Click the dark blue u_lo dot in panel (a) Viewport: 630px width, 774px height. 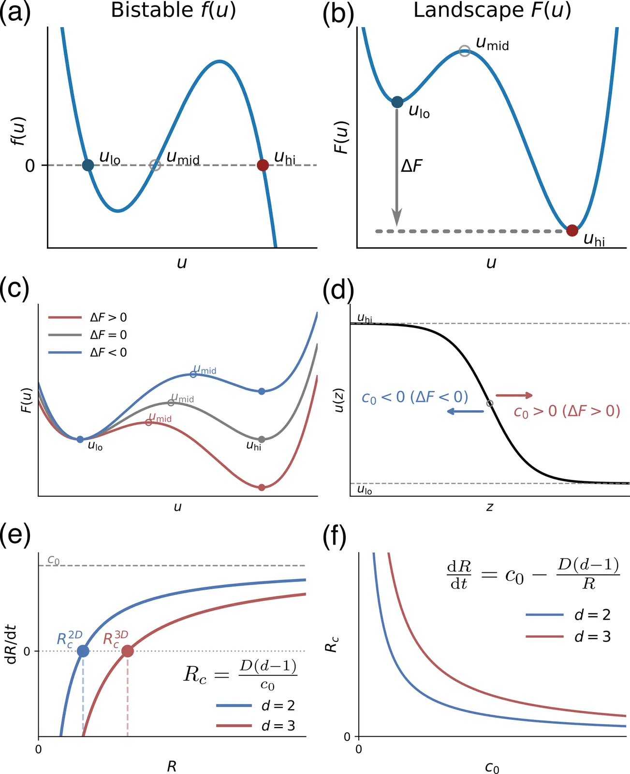point(88,165)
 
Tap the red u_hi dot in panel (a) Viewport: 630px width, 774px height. point(263,165)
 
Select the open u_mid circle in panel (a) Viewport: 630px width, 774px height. point(155,165)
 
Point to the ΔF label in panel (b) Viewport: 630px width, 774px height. point(412,166)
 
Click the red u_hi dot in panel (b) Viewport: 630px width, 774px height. point(572,230)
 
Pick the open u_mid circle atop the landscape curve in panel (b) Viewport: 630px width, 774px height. point(464,51)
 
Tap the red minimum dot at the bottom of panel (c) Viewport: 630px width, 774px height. point(262,487)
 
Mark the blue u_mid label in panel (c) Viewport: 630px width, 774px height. point(205,370)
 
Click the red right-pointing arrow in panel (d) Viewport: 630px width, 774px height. point(514,395)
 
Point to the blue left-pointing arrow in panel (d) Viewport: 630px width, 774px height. point(465,411)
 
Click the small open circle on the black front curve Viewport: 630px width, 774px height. point(490,403)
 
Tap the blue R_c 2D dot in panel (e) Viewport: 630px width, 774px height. point(83,651)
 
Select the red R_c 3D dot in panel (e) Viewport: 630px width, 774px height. point(127,651)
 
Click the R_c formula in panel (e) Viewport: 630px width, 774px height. point(240,674)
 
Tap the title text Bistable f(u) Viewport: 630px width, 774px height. point(174,10)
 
